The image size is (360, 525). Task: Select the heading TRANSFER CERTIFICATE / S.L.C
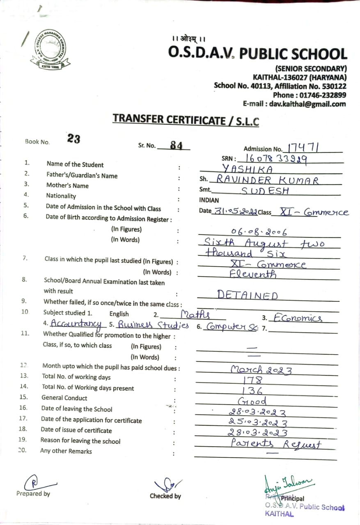186,119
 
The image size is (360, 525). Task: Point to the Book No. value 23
74,139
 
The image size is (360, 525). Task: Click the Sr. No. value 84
176,145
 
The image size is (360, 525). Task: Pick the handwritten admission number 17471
304,148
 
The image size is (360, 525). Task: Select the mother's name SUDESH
265,191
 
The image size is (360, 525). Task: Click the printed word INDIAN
209,201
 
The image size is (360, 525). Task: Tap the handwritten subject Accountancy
76,324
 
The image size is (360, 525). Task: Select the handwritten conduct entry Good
252,401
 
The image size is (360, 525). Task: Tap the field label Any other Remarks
66,451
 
